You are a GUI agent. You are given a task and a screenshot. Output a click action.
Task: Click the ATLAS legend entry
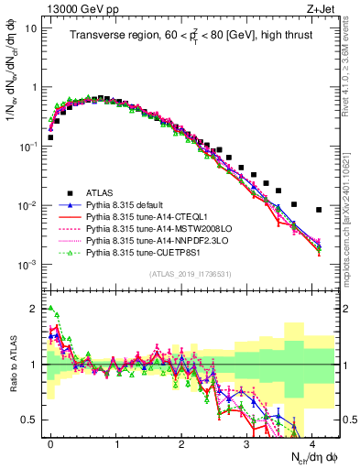[x=100, y=192]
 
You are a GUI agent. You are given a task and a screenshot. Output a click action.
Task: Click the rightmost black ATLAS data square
[x=319, y=210]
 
